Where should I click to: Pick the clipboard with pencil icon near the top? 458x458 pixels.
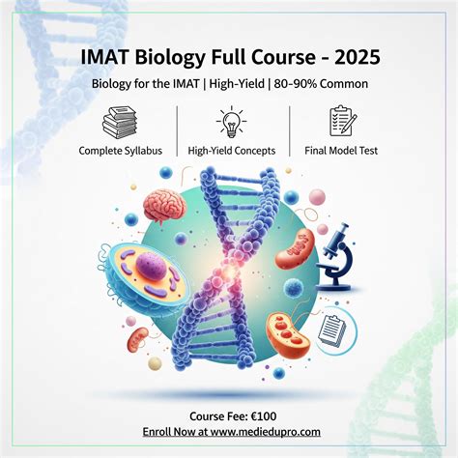pos(342,123)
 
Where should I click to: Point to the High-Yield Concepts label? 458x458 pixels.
pos(232,150)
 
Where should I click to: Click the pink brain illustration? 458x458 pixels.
pos(160,206)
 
